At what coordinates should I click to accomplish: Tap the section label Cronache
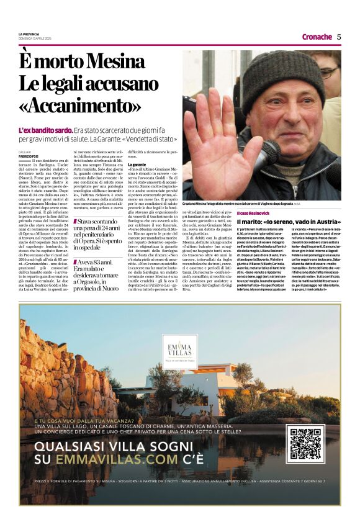click(317, 37)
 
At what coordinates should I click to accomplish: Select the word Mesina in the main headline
click(115, 61)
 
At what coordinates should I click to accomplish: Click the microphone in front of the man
click(272, 150)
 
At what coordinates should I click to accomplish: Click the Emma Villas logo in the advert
click(179, 349)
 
